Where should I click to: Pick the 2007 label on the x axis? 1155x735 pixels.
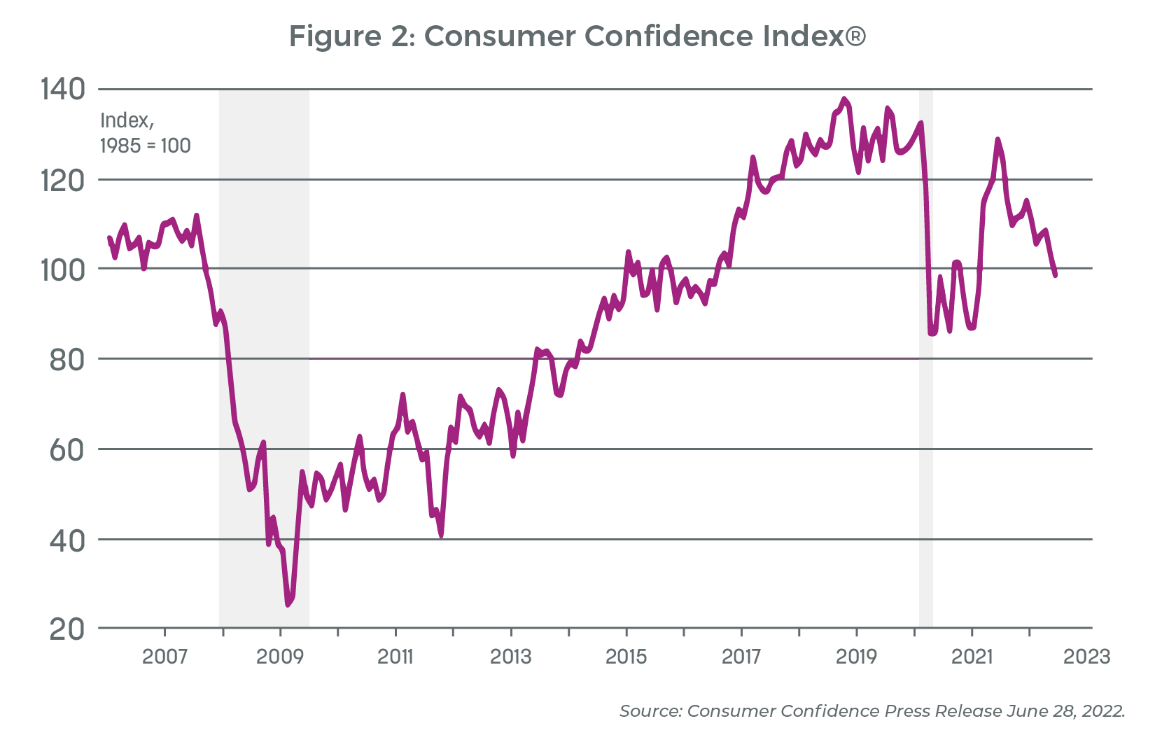164,657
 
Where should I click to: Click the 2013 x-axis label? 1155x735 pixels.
511,657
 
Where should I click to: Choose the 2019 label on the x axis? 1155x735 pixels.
857,657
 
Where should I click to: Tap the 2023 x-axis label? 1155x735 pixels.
1087,657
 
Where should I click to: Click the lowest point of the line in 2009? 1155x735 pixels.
288,605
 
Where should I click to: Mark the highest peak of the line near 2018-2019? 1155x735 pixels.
844,99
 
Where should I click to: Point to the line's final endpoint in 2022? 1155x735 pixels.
1055,275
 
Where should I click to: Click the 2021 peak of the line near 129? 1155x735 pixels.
997,139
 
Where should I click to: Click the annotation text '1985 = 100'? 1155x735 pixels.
146,146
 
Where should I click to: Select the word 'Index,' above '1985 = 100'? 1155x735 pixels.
127,120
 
